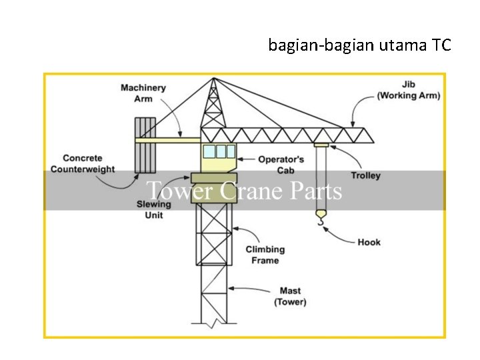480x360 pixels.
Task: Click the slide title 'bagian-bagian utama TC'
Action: point(359,45)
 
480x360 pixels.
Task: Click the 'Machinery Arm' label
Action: point(143,93)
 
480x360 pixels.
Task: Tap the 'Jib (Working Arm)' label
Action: point(408,90)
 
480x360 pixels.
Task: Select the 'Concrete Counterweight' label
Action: point(82,163)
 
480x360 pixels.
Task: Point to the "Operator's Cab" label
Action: point(281,165)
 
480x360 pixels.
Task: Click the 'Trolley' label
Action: point(365,175)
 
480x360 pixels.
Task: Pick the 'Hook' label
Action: point(369,242)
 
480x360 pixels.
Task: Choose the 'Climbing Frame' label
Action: point(265,255)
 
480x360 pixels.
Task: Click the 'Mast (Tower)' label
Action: point(290,296)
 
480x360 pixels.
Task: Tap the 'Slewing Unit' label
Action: point(153,209)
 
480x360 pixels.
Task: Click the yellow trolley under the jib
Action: point(321,145)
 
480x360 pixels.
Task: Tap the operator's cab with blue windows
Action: point(219,156)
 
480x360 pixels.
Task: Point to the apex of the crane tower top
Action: point(213,79)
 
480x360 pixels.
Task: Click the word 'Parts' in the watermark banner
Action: point(316,191)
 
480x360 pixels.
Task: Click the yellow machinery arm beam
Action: point(168,140)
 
